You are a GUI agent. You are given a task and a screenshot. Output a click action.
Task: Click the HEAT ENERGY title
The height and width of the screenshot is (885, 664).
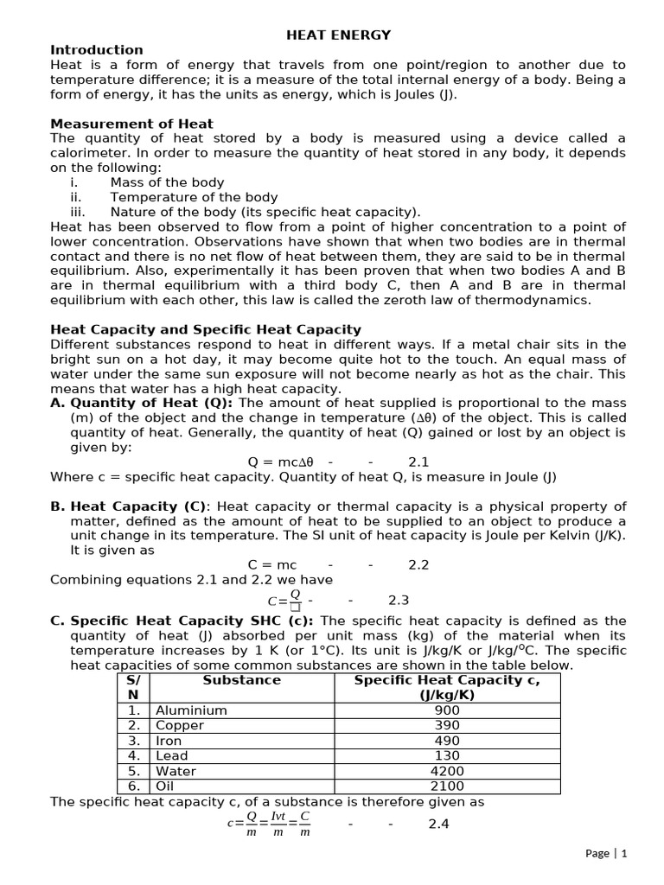(x=338, y=35)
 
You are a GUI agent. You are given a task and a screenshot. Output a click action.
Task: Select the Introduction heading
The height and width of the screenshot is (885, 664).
(x=97, y=50)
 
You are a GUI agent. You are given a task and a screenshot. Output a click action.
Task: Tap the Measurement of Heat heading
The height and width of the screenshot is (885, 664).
(x=131, y=124)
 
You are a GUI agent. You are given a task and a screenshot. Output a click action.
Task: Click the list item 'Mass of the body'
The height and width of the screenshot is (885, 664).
(x=167, y=182)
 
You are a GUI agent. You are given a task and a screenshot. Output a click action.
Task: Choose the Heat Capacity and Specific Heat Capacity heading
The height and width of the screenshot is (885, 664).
(x=206, y=329)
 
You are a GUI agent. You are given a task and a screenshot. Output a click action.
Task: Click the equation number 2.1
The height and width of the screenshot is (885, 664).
(x=418, y=462)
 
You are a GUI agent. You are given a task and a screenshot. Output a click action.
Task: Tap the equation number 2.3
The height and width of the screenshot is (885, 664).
(x=399, y=599)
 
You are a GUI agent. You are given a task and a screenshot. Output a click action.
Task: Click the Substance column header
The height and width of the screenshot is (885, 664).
(x=241, y=680)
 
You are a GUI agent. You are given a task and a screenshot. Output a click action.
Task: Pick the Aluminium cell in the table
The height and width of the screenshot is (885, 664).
(x=191, y=710)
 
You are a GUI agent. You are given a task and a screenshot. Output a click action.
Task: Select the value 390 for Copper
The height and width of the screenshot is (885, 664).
(x=447, y=726)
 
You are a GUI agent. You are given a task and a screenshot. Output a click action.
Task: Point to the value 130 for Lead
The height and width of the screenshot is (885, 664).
(x=447, y=756)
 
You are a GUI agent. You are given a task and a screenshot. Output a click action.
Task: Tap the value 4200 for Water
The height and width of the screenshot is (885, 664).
(x=447, y=771)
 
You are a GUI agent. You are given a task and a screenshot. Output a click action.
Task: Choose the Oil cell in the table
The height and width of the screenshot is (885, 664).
(x=165, y=786)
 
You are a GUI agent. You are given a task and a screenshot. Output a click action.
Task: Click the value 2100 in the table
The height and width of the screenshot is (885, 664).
(x=447, y=786)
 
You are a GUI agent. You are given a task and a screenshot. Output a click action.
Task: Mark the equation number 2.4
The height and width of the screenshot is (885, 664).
(x=439, y=824)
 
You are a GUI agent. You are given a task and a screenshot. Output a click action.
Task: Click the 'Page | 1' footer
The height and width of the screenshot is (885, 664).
(x=605, y=853)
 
